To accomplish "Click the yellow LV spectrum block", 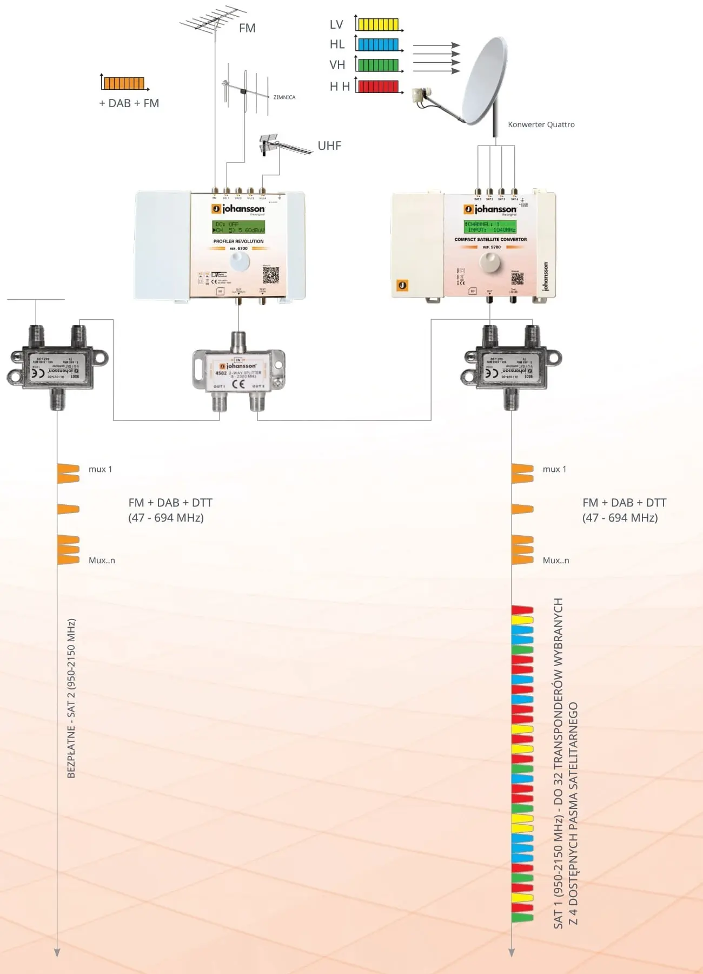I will click(x=378, y=24).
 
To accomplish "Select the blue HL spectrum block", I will click(x=378, y=44).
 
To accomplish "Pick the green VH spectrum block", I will click(x=378, y=65).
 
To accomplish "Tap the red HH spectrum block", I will click(x=378, y=86).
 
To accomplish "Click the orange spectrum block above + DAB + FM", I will click(x=124, y=83).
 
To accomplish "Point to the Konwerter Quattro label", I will click(x=541, y=124).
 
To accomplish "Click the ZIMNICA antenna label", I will click(x=284, y=97).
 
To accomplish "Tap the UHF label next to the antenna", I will click(x=329, y=146).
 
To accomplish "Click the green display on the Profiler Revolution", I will click(x=238, y=227).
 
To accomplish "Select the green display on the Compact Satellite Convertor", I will click(x=490, y=227).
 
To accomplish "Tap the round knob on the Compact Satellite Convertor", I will click(x=490, y=263).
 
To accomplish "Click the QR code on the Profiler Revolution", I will click(x=270, y=275).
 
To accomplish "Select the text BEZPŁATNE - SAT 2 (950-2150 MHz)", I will click(x=71, y=698).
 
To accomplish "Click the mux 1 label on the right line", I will click(x=554, y=469).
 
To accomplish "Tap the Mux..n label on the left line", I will click(x=102, y=561).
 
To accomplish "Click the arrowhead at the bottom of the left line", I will click(x=57, y=952).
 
